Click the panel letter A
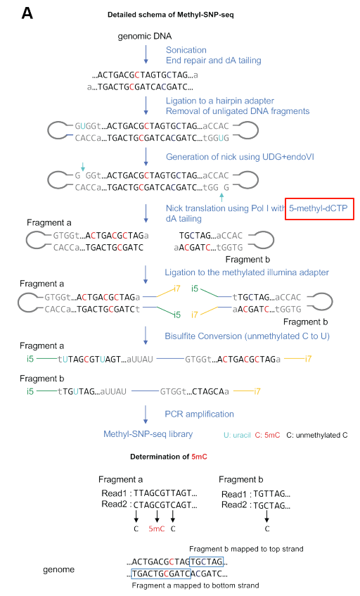point(27,13)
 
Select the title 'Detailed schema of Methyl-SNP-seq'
point(170,15)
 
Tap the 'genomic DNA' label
point(145,36)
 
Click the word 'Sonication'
point(186,50)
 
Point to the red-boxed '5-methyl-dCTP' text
point(319,208)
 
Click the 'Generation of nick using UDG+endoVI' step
point(240,157)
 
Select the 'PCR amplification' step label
point(200,414)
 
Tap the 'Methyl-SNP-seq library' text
point(148,434)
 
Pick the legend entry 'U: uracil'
point(237,436)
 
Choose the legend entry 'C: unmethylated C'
point(316,436)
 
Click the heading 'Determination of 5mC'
point(169,457)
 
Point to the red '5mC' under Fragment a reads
point(157,528)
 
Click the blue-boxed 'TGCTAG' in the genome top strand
point(206,562)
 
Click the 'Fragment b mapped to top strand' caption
point(246,549)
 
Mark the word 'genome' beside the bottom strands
point(58,570)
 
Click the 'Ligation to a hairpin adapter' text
point(220,101)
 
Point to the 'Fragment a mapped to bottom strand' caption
point(195,585)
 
